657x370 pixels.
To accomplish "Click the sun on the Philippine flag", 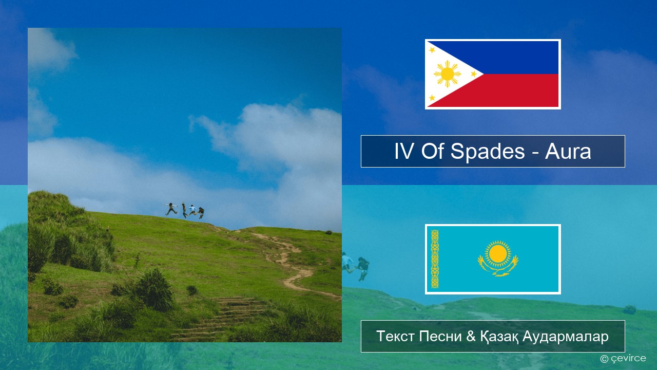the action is coord(447,74).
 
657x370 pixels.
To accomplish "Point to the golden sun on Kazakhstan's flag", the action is coord(498,254).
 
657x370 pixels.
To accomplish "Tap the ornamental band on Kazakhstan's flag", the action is coord(435,259).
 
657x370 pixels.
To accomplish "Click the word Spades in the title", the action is coord(488,152).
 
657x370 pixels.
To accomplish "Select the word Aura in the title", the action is coord(568,152).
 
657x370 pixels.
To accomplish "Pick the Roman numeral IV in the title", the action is coord(404,152).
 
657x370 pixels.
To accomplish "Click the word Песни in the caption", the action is coord(440,336).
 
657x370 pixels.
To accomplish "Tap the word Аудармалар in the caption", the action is coord(566,337).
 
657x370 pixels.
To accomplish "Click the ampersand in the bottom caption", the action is coord(471,336).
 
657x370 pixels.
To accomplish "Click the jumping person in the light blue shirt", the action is coord(192,210).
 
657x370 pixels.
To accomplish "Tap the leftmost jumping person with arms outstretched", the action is coord(171,209).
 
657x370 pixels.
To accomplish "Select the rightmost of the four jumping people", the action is coord(201,213).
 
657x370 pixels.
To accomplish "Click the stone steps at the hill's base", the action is coord(222,318).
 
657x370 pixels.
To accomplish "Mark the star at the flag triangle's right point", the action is coord(474,74).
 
